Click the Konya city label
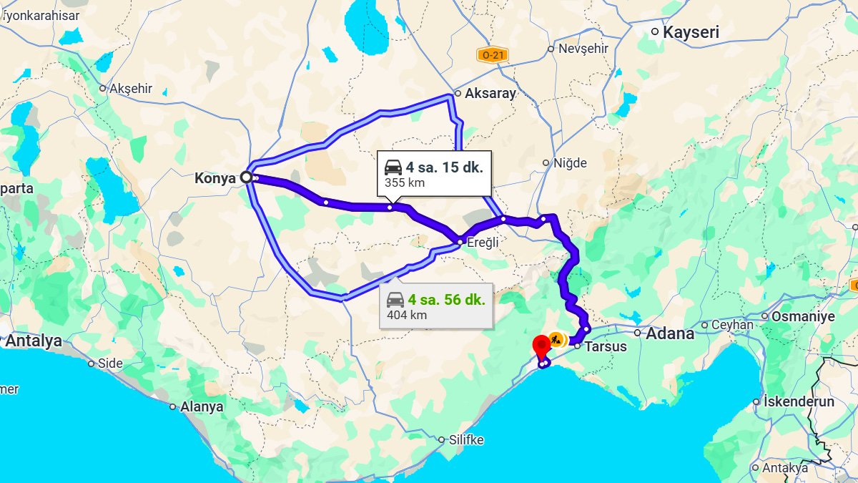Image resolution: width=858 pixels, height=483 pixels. point(214,178)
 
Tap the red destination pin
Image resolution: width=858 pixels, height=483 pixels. point(541,347)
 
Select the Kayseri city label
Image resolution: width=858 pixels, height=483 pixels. point(691,32)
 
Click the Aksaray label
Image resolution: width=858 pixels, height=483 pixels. point(490,93)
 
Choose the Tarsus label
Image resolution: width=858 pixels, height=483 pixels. point(605,347)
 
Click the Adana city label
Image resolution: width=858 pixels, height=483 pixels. point(670,333)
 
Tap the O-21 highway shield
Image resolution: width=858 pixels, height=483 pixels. point(493,54)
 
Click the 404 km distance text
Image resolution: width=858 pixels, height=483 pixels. point(407,314)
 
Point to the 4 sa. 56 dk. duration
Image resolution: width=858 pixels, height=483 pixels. point(446,299)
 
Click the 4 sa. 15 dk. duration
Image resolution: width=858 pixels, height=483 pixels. point(445,167)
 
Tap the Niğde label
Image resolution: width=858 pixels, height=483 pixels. point(570,163)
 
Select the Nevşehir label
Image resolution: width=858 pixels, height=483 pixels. point(583,49)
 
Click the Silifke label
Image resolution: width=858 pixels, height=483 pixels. point(466,440)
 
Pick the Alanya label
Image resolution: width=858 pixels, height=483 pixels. point(202,406)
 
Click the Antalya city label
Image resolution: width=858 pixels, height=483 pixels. point(34,341)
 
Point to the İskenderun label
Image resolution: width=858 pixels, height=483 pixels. point(799,401)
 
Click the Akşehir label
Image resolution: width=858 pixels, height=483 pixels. point(131,89)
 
